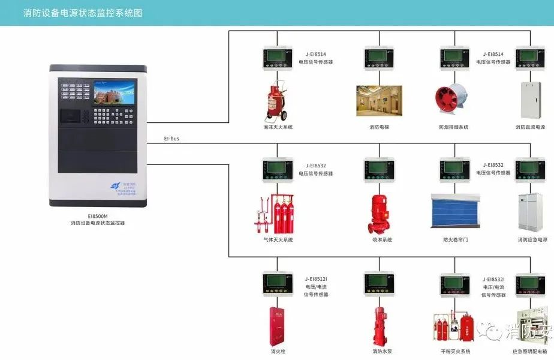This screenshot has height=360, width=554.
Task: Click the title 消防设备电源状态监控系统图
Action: click(83, 12)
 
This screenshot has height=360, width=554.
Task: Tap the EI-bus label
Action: click(171, 139)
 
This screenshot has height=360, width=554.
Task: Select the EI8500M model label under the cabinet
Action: click(97, 215)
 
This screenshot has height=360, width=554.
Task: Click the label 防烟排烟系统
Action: click(454, 127)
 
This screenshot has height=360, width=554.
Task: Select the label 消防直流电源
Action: click(531, 127)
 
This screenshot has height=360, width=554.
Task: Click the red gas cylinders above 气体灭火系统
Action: click(277, 213)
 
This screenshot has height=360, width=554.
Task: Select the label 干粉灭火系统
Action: click(455, 352)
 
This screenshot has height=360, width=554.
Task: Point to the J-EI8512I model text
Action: click(316, 279)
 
